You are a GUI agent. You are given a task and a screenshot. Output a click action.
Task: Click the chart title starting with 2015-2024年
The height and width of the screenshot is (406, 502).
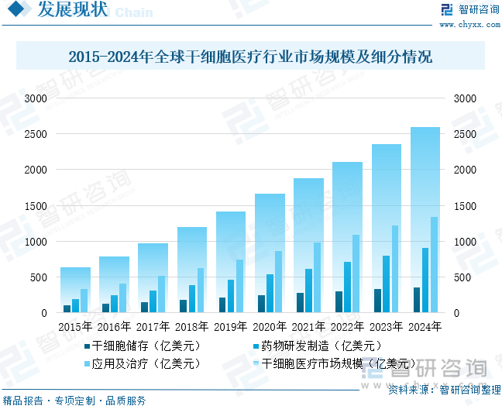(250, 57)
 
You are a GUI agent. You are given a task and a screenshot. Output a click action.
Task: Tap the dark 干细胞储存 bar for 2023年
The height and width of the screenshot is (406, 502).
(377, 301)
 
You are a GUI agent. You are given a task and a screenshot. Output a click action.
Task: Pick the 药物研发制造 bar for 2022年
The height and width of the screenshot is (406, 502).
(347, 287)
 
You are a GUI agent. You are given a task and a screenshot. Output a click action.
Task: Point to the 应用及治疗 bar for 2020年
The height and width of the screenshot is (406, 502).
(278, 281)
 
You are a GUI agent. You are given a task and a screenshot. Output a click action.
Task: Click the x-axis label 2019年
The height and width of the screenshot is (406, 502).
(230, 327)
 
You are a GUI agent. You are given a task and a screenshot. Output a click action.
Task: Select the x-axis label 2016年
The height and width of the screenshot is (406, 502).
(114, 327)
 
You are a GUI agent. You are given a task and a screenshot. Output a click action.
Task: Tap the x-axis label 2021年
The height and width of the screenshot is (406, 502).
(308, 327)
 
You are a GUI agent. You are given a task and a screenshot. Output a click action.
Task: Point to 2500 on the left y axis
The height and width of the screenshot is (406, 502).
(36, 134)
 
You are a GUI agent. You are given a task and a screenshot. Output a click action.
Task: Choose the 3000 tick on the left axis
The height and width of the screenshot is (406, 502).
(36, 98)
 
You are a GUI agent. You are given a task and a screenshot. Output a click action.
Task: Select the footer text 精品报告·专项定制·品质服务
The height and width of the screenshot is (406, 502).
(74, 400)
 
